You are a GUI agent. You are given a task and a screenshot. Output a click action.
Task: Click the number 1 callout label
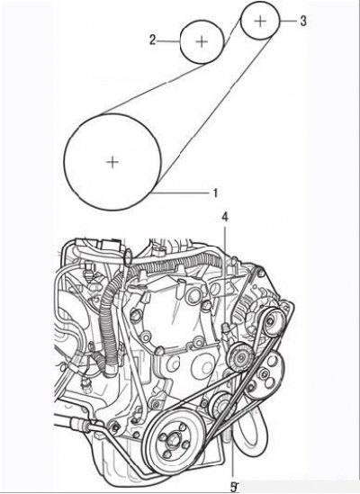215,193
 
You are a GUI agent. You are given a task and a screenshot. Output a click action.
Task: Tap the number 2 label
153,40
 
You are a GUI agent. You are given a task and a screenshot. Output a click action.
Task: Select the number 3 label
302,21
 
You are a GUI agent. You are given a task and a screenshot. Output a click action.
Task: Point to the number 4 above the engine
225,217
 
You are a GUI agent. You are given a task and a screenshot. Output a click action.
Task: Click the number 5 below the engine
234,487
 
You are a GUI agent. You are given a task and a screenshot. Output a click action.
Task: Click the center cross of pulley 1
112,162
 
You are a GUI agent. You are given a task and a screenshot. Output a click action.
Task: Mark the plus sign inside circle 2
202,41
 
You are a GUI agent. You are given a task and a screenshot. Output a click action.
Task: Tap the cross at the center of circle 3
260,21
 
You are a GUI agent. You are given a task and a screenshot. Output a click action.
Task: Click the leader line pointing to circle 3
288,21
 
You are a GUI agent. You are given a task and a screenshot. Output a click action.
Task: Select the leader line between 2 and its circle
168,41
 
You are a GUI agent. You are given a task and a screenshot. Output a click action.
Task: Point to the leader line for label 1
182,192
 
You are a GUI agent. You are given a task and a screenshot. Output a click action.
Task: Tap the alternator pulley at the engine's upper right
274,322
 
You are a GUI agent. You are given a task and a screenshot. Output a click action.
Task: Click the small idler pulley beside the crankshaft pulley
222,407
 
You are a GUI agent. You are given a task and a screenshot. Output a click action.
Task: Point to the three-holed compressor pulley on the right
265,375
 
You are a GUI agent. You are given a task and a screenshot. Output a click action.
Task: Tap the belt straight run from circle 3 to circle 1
214,111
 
